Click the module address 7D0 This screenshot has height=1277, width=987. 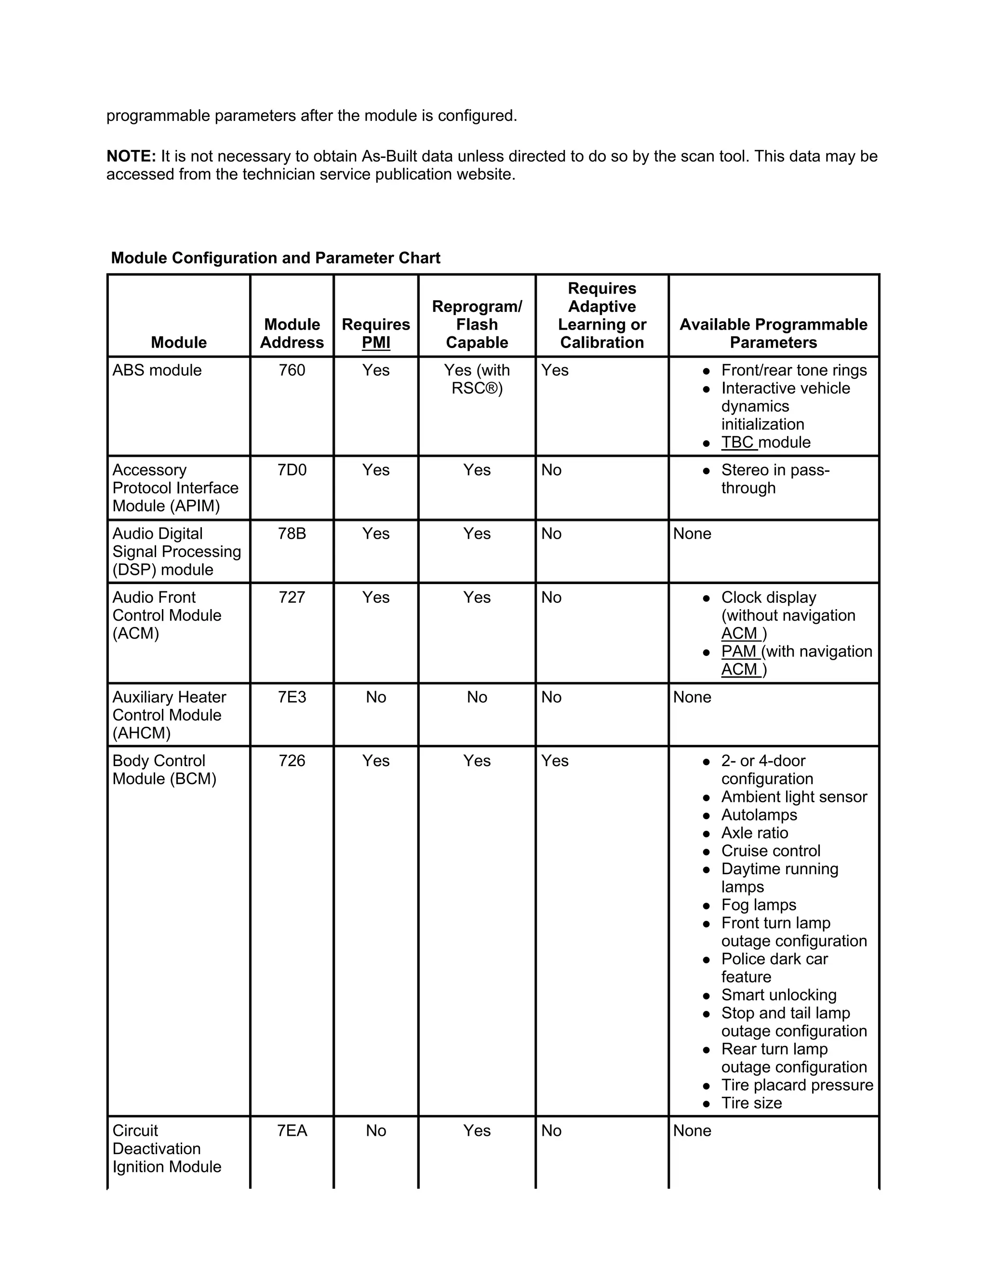292,470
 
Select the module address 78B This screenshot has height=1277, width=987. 292,534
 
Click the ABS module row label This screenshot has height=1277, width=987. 157,370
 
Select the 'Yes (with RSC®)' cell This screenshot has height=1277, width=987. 477,379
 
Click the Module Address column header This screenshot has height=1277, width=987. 292,333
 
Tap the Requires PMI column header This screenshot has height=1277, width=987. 375,333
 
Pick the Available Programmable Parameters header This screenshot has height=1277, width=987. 773,333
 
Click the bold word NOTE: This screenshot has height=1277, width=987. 131,156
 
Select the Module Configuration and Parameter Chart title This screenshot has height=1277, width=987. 275,258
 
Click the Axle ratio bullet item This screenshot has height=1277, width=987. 754,833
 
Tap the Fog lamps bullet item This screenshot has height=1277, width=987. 759,905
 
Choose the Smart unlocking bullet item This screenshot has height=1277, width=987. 778,995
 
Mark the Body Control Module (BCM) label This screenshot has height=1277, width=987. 164,770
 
